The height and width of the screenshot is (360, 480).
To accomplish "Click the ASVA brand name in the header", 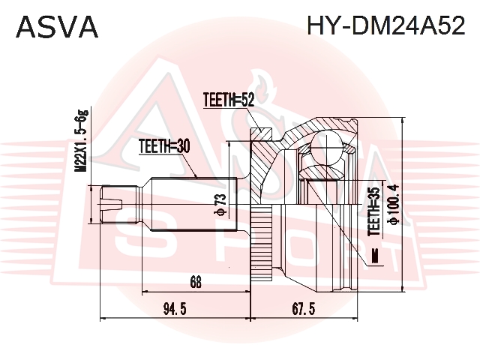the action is coord(57,27).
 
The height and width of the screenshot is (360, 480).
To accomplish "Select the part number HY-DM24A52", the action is coord(386,25).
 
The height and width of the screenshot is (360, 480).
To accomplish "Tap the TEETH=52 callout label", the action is coord(229,100).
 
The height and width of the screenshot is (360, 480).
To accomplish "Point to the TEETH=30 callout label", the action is coord(164,146).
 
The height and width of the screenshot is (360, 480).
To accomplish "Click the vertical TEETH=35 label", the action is coord(374,211).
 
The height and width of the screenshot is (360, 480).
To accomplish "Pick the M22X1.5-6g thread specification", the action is coord(82,142).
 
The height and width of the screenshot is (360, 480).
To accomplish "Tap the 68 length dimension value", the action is coord(196,282).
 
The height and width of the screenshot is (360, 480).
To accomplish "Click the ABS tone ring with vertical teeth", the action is coord(261,242).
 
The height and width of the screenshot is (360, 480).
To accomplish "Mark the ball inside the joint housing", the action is coord(326,146).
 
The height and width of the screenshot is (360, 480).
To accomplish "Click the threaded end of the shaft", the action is coord(118,205).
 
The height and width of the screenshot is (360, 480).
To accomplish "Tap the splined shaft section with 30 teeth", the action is coord(194,205).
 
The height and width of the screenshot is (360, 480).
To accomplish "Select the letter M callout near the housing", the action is coord(374,256).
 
